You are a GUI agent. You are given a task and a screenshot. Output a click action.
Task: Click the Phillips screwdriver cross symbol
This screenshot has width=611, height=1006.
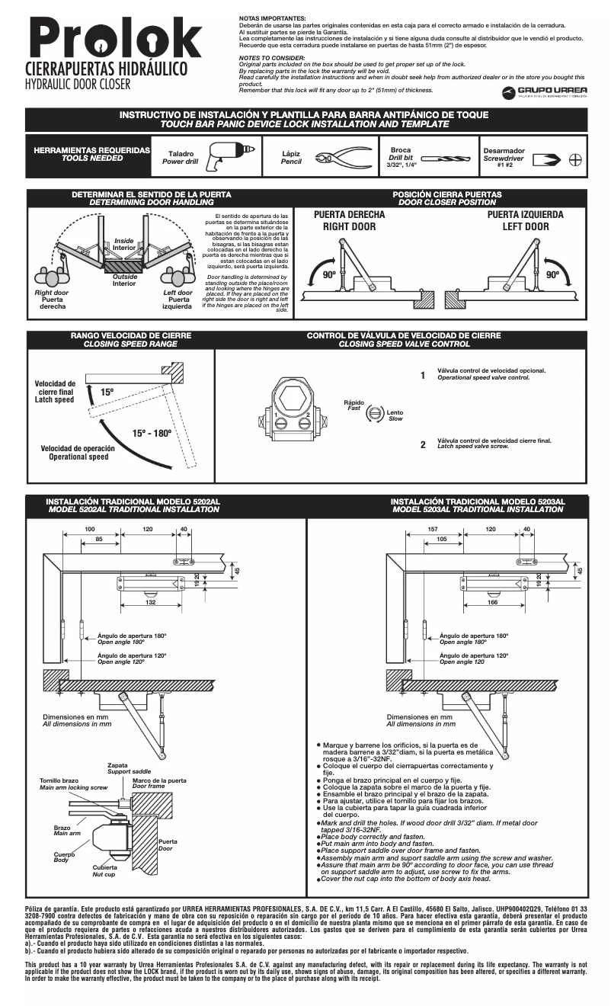pos(576,161)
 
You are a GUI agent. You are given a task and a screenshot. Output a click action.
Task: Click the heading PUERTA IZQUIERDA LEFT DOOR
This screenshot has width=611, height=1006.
pos(525,221)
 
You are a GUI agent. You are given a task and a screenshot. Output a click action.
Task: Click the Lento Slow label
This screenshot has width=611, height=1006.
pos(395,415)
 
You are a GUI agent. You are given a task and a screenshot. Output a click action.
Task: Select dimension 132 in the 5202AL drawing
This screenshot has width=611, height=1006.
pos(151,602)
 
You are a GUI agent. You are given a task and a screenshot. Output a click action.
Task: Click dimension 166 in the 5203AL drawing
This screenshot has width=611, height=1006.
pos(492,602)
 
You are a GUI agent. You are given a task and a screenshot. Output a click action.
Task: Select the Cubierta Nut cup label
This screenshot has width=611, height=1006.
pos(104,870)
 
